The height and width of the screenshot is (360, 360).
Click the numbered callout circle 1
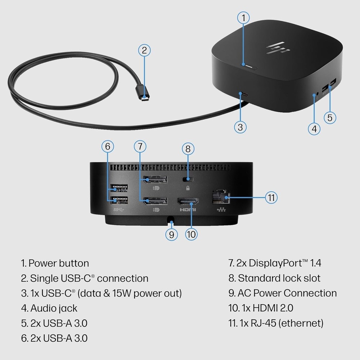click(243, 17)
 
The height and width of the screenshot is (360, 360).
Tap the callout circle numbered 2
click(144, 50)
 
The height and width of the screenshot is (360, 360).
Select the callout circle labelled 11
click(271, 197)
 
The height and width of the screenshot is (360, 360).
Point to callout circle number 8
click(188, 149)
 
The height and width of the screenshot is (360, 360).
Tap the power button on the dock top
click(249, 66)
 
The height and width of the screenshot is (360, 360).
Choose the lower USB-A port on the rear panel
click(119, 200)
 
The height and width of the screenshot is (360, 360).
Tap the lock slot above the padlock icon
click(187, 179)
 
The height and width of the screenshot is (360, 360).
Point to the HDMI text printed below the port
click(186, 210)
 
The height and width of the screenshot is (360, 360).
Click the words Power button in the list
click(59, 263)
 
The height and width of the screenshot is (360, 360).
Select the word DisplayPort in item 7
click(274, 263)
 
